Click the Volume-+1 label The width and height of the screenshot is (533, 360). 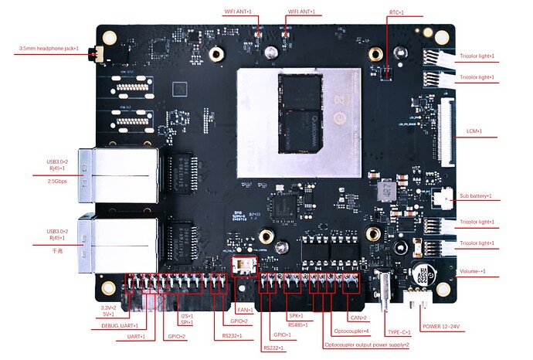coord(473,272)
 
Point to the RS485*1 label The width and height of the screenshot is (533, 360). coord(297,324)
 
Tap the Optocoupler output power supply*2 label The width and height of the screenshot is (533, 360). coord(366,345)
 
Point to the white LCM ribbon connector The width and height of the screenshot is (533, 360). coord(446,131)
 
